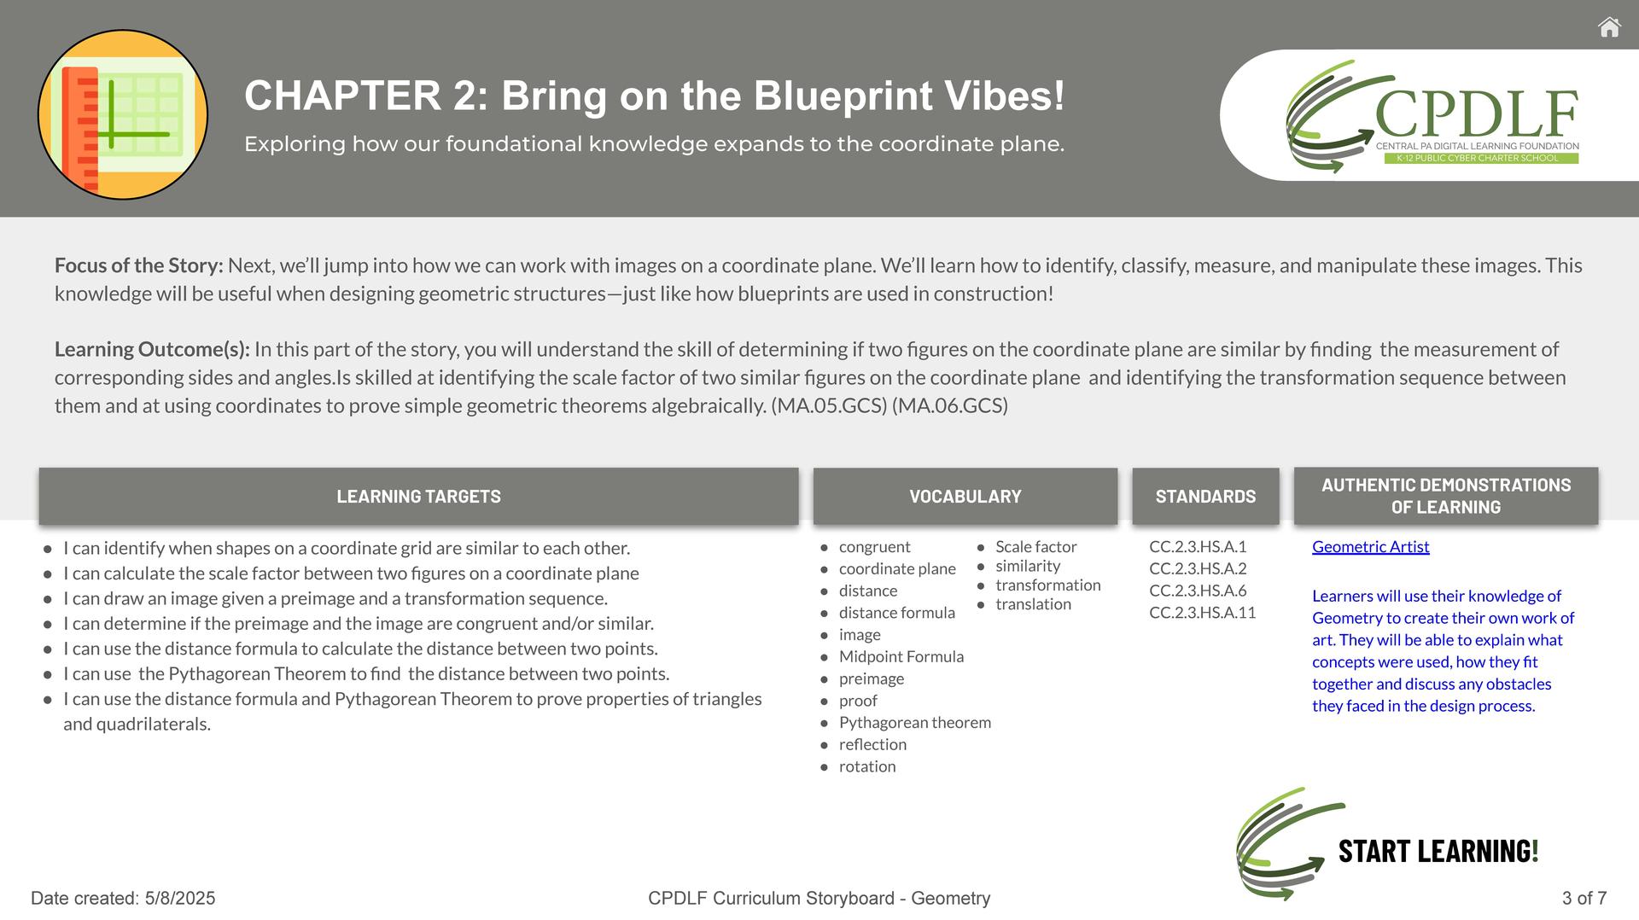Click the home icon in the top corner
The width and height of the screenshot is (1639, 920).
click(1609, 27)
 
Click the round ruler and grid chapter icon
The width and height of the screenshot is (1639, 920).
click(123, 114)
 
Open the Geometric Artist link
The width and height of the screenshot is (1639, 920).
click(1370, 546)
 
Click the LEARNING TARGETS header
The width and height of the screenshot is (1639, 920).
click(418, 496)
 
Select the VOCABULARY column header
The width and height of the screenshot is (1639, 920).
click(965, 496)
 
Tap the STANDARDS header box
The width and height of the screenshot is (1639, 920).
click(1205, 496)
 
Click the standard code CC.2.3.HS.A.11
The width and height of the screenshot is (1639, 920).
click(1202, 613)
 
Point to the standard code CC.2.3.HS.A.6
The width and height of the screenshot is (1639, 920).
click(1198, 591)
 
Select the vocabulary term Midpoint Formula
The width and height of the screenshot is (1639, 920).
click(901, 656)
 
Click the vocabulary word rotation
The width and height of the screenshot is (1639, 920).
click(867, 766)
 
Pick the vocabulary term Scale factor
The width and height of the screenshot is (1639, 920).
click(1036, 546)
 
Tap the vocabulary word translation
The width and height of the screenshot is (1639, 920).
click(1033, 604)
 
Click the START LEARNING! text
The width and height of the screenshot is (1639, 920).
click(1438, 851)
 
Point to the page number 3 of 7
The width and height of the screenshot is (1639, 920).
click(1584, 898)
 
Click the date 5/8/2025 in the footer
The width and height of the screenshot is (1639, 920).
click(180, 898)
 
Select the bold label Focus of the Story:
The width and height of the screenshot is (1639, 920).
click(139, 265)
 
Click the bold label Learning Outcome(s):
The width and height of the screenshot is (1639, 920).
click(152, 349)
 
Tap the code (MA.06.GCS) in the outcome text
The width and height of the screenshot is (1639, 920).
click(950, 405)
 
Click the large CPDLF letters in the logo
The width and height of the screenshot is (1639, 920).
click(1477, 114)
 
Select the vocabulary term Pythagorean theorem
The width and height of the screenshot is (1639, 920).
click(915, 723)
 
